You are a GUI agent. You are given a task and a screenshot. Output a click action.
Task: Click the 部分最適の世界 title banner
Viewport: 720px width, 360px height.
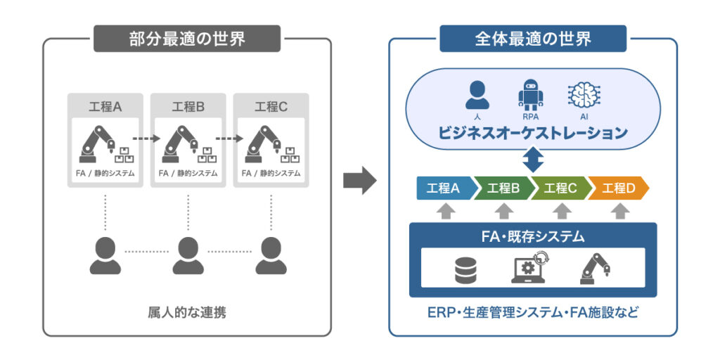tap(187, 39)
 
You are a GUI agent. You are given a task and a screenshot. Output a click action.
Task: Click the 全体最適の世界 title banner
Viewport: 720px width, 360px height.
tap(533, 39)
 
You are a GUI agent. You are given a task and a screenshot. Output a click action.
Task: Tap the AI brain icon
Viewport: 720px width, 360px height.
tap(582, 95)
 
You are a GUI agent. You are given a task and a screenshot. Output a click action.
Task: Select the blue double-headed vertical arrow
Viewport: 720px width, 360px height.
tap(533, 159)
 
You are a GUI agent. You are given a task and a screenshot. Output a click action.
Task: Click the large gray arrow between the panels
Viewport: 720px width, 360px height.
tap(360, 181)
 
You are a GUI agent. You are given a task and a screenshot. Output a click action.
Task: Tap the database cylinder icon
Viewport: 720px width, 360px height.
tap(465, 270)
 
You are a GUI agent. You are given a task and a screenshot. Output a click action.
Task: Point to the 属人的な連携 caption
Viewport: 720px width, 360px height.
tap(187, 312)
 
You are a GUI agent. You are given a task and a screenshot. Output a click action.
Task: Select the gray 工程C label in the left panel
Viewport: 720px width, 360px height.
tap(271, 107)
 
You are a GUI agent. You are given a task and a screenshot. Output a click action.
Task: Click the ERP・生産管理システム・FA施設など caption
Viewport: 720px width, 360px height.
tap(532, 312)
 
